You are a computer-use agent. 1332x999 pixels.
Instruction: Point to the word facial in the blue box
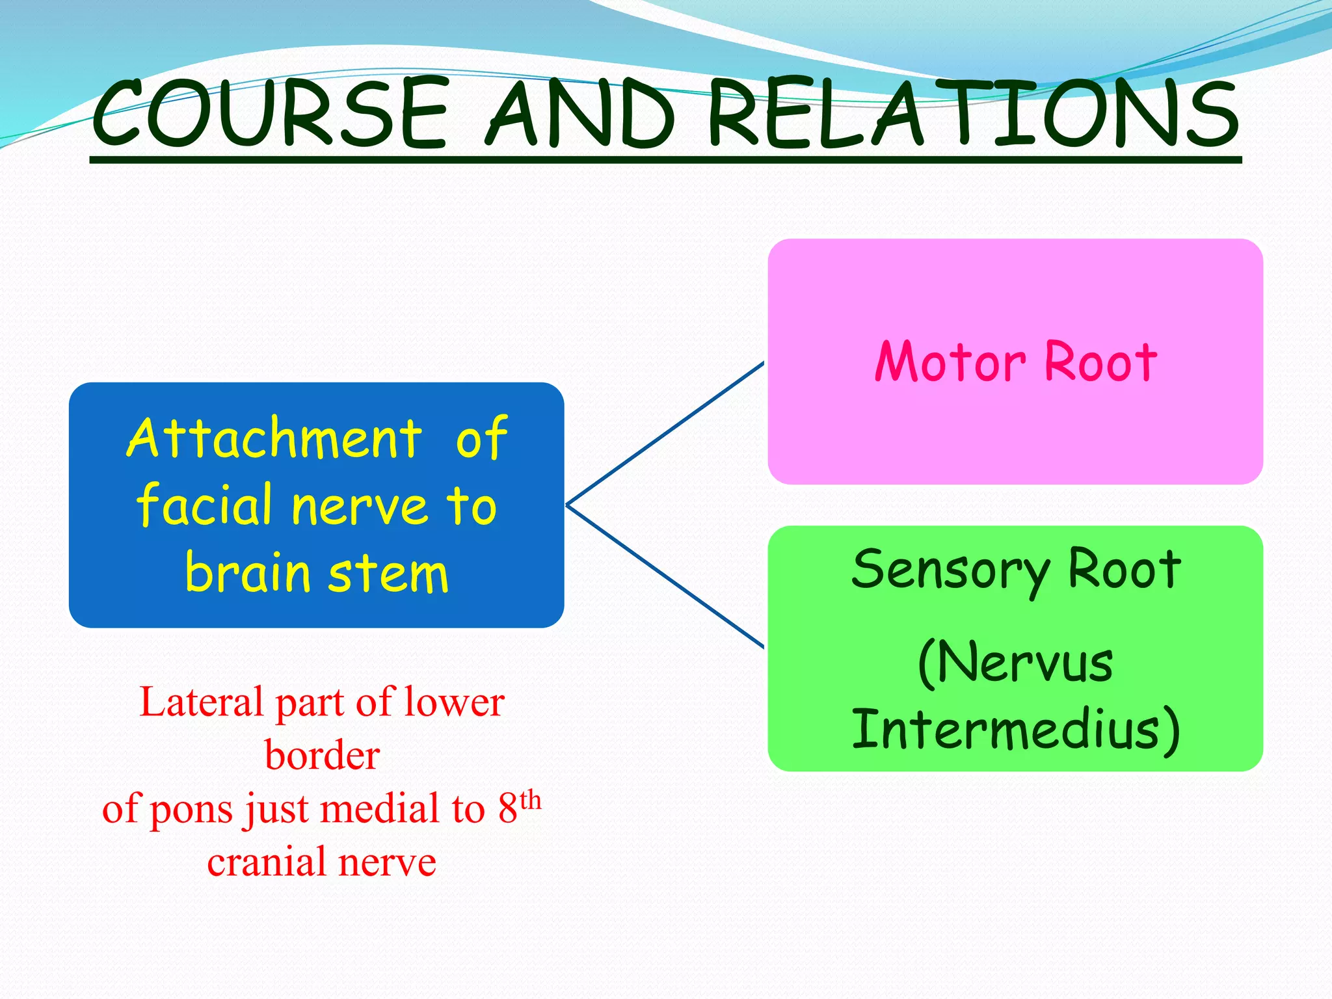click(x=204, y=505)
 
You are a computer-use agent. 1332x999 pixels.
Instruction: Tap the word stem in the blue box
click(x=388, y=574)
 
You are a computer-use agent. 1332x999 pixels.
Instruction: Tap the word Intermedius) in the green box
click(x=1015, y=730)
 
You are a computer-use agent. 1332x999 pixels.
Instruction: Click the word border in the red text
click(x=322, y=756)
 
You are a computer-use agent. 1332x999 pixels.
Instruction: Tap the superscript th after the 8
click(x=531, y=800)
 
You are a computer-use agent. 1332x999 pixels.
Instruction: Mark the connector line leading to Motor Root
click(x=665, y=433)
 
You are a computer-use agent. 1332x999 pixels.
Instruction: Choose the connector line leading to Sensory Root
click(x=665, y=576)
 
